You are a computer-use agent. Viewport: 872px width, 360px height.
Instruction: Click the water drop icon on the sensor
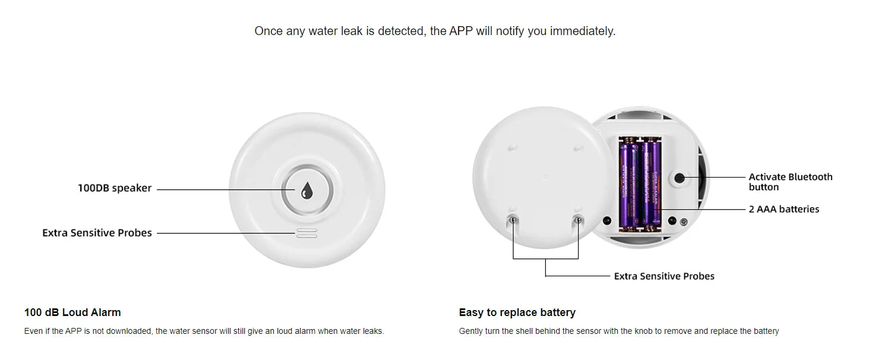[x=307, y=190]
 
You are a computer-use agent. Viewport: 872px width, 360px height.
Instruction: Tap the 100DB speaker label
[x=115, y=188]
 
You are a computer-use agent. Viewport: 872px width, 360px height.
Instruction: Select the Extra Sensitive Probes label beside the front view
[x=97, y=233]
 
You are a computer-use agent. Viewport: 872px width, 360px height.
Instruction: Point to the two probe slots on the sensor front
[x=307, y=233]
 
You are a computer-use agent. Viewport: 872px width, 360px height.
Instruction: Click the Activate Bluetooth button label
[x=790, y=182]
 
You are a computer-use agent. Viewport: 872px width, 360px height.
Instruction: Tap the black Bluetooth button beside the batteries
[x=680, y=178]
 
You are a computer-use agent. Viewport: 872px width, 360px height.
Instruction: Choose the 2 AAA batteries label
[x=783, y=209]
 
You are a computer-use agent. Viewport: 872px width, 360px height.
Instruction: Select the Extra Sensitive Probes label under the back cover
[x=664, y=276]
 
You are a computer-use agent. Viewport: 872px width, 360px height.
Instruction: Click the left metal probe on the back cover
[x=513, y=220]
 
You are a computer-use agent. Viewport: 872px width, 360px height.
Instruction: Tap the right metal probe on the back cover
[x=578, y=220]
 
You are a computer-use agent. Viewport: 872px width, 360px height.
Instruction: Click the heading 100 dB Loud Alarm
[x=72, y=312]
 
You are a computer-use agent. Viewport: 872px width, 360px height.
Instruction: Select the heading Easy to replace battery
[x=517, y=312]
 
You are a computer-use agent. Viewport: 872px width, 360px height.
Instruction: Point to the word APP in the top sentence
[x=461, y=31]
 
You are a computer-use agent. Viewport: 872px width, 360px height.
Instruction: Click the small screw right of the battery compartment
[x=684, y=222]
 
